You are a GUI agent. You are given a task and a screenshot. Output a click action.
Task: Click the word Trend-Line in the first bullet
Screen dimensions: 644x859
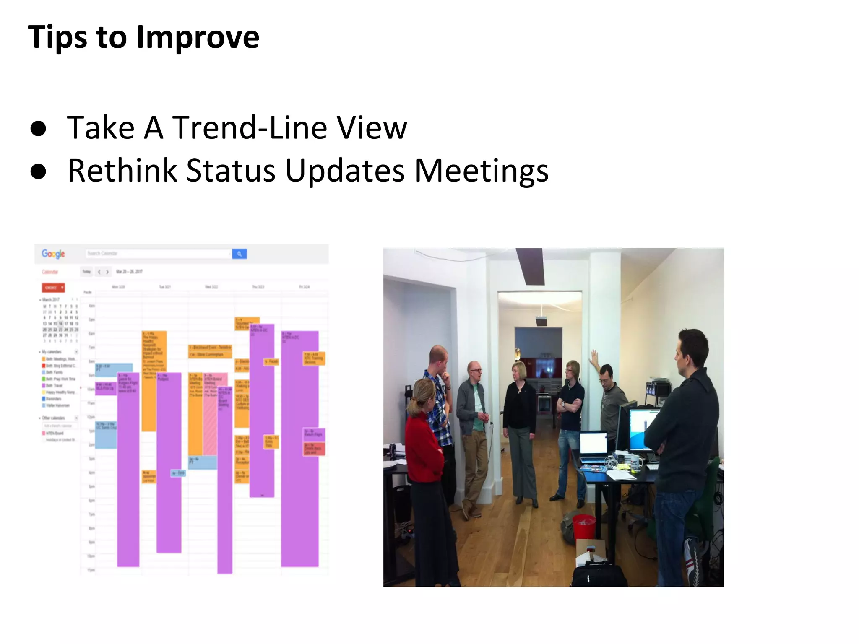(250, 128)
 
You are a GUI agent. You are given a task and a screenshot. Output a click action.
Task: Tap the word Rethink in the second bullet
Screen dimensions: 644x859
(122, 171)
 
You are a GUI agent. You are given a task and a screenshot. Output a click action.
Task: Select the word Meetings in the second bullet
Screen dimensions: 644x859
(481, 171)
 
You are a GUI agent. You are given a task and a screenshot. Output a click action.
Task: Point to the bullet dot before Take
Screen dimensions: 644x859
(38, 129)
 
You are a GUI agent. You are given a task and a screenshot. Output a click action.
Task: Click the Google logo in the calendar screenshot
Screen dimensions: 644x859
(53, 254)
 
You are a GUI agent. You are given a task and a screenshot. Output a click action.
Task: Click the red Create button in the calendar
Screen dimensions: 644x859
(53, 288)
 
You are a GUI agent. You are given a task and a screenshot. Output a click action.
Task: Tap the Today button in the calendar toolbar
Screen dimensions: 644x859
(86, 272)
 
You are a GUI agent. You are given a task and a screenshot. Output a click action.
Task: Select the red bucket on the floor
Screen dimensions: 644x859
(583, 527)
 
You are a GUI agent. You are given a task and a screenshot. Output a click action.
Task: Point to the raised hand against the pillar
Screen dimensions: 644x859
(594, 357)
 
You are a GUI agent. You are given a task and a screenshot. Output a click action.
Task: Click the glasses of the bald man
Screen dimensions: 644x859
(477, 371)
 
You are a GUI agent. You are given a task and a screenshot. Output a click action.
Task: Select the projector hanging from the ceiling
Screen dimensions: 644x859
(541, 321)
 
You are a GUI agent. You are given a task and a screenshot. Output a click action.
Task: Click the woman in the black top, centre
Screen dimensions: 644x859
(520, 419)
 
